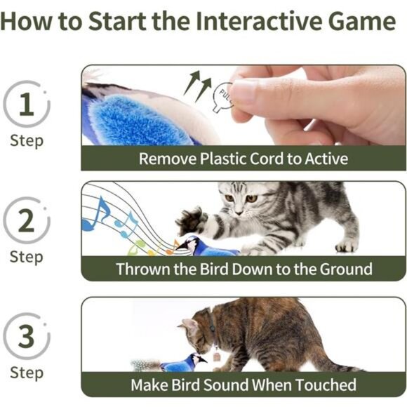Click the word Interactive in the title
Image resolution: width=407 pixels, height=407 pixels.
(255, 21)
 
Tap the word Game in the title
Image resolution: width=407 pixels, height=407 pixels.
(359, 21)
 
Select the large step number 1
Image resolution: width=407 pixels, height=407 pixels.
(26, 106)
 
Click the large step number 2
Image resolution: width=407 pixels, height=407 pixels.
(26, 222)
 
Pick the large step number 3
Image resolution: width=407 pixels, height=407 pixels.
(26, 337)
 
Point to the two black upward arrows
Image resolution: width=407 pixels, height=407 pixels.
(197, 85)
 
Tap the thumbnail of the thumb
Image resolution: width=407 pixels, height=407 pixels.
(245, 91)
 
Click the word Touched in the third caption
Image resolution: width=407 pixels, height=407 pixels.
(325, 385)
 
